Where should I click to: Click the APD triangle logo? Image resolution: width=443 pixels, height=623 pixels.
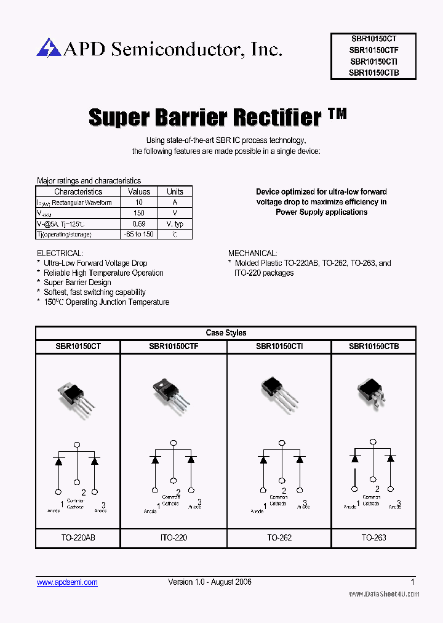(49, 47)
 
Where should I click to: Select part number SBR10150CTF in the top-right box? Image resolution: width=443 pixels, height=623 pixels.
(374, 50)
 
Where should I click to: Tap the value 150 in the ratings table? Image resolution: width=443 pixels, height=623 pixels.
(139, 213)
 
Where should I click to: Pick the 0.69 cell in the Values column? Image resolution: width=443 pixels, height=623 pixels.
(139, 224)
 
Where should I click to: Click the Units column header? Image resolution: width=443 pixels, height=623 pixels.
(175, 191)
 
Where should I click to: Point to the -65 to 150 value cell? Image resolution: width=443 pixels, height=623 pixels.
(139, 235)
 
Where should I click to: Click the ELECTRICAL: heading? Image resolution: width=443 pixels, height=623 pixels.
(60, 253)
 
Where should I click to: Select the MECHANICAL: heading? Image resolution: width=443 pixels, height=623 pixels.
(253, 253)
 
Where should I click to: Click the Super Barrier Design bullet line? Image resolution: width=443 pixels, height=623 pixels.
(78, 283)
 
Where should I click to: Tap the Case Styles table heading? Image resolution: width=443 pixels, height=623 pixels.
(226, 333)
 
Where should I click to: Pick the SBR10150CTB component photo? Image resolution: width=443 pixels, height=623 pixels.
(372, 392)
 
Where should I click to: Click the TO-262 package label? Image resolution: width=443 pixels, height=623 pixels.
(279, 537)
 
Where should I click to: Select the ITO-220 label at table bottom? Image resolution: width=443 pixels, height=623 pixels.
(174, 537)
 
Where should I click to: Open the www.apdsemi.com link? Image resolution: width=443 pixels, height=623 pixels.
(67, 582)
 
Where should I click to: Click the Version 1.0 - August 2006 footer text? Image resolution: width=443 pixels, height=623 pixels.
(210, 582)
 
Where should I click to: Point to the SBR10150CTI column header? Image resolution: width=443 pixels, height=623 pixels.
(279, 347)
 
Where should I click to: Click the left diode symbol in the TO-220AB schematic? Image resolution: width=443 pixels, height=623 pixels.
(59, 460)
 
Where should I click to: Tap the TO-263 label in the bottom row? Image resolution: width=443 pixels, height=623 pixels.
(374, 537)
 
